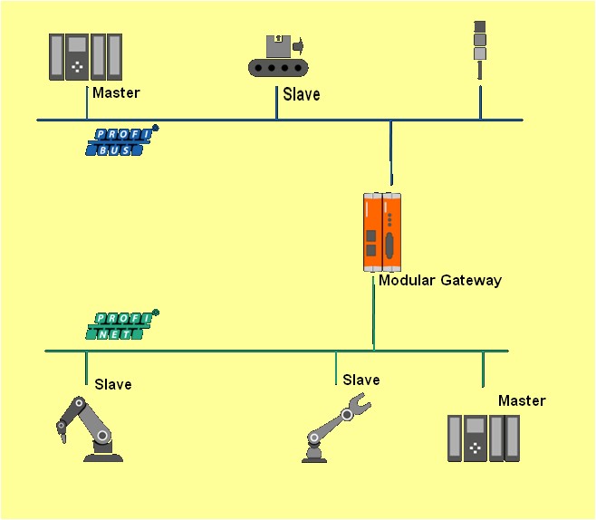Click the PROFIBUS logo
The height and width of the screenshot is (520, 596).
pos(121,140)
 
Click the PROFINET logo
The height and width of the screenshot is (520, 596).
pos(121,324)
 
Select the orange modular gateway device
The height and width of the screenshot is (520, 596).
pos(382,232)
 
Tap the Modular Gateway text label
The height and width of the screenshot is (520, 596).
pos(440,281)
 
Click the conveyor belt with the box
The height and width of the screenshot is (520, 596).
pos(278,56)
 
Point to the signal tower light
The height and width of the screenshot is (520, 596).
pos(480,50)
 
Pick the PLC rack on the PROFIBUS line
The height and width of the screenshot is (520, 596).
pos(85,57)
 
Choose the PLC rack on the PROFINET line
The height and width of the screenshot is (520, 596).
pos(484,438)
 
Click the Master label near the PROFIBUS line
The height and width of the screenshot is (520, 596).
pos(116,92)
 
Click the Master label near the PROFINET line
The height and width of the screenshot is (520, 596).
pos(522,400)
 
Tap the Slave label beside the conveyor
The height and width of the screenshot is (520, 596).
pos(302,94)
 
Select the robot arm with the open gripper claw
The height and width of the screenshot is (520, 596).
pos(336,428)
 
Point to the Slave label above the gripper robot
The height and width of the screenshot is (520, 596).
pos(361,380)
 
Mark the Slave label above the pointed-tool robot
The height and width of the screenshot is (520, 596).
pos(113,384)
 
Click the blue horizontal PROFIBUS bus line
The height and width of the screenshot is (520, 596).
pos(280,120)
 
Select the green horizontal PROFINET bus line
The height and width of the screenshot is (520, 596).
pos(277,351)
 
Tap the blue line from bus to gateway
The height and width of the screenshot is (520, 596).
pos(390,153)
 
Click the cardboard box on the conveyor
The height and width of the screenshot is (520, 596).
pos(278,46)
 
